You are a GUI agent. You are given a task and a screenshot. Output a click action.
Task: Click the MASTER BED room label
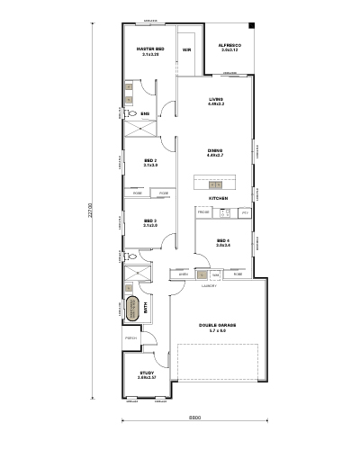[149, 49]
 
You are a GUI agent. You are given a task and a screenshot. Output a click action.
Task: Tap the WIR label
[187, 50]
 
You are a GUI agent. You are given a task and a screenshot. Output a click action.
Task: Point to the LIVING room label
[216, 99]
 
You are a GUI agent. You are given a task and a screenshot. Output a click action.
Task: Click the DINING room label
[215, 151]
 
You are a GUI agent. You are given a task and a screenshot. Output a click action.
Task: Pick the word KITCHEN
[218, 198]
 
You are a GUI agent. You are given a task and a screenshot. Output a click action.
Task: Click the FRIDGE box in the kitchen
[203, 212]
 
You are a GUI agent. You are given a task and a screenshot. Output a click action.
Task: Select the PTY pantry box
[244, 212]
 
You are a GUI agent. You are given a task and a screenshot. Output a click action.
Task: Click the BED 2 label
[150, 161]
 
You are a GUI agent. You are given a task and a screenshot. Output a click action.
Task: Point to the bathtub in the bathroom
[133, 307]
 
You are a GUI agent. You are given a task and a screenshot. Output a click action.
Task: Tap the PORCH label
[130, 338]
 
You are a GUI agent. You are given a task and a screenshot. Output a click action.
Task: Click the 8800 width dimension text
[194, 418]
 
